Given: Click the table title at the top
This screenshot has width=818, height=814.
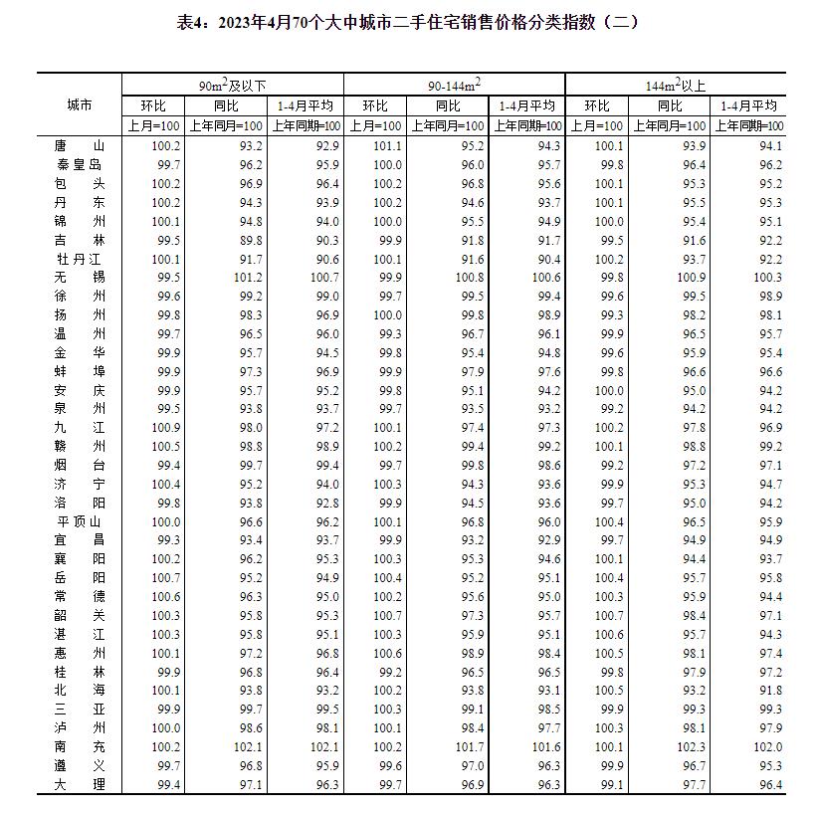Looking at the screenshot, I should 408,22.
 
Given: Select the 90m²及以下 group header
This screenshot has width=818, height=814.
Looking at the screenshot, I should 233,86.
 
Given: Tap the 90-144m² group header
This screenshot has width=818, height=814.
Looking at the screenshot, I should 454,86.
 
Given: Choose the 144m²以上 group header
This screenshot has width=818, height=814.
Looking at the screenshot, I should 675,86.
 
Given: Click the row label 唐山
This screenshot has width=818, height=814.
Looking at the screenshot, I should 79,145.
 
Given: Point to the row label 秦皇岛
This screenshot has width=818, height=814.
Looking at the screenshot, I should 79,164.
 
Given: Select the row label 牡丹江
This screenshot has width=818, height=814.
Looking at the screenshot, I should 79,259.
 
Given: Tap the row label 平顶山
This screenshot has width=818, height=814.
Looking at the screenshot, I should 79,521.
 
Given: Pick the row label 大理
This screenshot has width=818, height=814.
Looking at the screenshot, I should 79,785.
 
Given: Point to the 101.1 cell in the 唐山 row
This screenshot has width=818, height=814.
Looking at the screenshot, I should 387,145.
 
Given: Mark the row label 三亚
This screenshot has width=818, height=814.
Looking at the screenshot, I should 79,710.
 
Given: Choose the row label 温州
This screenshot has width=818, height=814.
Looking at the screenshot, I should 79,333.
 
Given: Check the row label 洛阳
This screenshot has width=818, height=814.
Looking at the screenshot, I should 79,503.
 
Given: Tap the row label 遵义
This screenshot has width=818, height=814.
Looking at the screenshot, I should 79,765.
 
